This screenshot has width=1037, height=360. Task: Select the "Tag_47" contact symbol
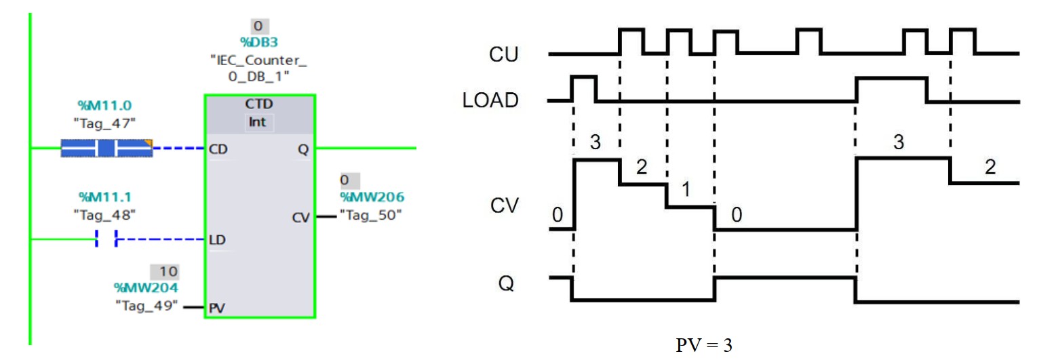point(106,148)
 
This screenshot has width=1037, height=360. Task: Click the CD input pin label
point(218,149)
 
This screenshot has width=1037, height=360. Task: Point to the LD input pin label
point(218,240)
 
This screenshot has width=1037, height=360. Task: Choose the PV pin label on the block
point(218,308)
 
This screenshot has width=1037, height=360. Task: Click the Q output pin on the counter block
point(302,149)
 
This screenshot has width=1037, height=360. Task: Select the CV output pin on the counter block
point(300,218)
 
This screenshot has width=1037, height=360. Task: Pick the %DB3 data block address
point(258,42)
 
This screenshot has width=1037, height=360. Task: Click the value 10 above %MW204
point(168,272)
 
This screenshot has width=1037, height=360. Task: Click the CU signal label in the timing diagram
point(504,54)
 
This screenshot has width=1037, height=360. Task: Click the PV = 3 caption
point(704,345)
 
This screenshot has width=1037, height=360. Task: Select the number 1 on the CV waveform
point(686,191)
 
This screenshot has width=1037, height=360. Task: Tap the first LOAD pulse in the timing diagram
point(584,89)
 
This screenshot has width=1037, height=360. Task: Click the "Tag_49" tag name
point(147,306)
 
